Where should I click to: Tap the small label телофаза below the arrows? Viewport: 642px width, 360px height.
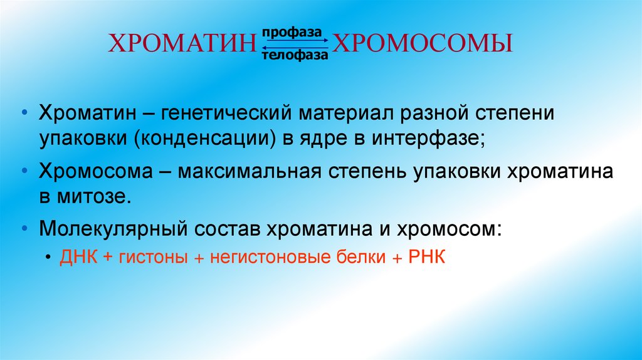click(295, 56)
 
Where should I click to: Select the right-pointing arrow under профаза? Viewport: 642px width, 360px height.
click(295, 41)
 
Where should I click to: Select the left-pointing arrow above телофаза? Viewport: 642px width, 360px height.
click(295, 47)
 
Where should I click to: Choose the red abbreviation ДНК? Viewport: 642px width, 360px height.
click(78, 258)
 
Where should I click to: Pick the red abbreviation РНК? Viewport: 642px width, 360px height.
click(426, 258)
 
